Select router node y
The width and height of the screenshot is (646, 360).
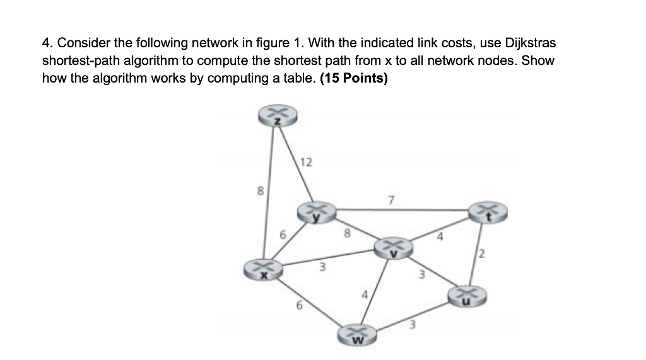pos(317,212)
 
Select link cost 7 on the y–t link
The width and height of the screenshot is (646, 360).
pos(391,200)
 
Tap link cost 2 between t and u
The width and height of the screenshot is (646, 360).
pos(482,255)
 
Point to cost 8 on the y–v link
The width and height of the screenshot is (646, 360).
pos(346,233)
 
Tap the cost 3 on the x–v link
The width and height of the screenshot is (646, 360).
pos(321,267)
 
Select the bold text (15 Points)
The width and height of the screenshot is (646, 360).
pos(355,79)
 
